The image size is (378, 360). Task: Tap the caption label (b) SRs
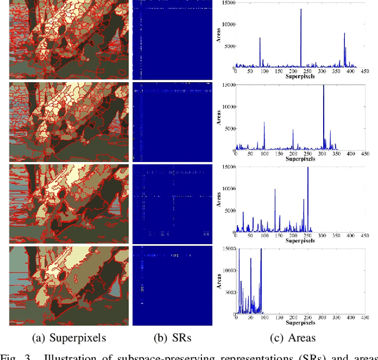tap(171, 338)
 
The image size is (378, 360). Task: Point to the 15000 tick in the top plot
tap(225, 4)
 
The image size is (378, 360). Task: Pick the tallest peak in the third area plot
tap(308, 168)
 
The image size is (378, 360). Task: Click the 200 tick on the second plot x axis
tap(294, 157)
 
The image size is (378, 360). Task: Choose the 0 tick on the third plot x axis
tap(236, 237)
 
